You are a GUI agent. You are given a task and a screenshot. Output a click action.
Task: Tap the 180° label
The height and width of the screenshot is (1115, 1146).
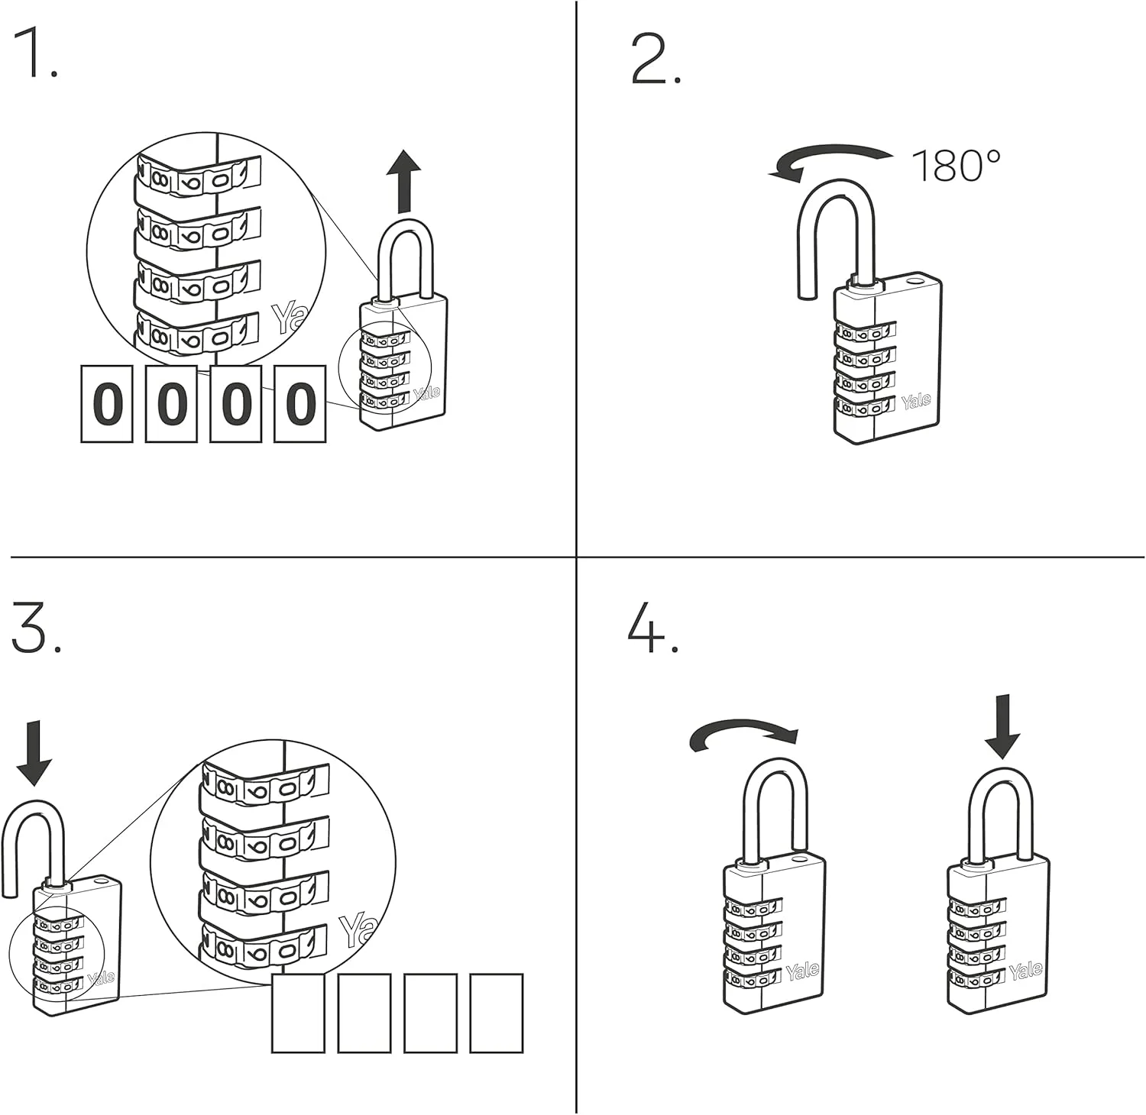click(x=956, y=166)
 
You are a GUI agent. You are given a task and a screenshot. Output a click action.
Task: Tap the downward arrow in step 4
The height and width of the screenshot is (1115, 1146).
click(x=1002, y=726)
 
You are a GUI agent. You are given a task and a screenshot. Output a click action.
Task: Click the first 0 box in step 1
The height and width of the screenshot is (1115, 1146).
click(x=107, y=403)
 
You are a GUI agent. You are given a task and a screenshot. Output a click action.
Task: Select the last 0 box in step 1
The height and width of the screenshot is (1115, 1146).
click(x=300, y=403)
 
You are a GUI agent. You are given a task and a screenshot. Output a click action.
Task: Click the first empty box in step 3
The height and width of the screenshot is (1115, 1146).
click(x=299, y=1013)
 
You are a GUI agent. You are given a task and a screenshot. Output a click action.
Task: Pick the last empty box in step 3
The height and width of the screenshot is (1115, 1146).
click(x=496, y=1013)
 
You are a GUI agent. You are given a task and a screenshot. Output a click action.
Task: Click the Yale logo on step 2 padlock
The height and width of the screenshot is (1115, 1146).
click(x=915, y=401)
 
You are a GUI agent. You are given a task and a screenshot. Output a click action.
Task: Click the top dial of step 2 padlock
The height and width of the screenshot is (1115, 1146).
click(x=865, y=331)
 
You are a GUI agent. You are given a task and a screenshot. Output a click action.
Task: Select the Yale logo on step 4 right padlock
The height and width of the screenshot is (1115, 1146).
click(x=1025, y=971)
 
